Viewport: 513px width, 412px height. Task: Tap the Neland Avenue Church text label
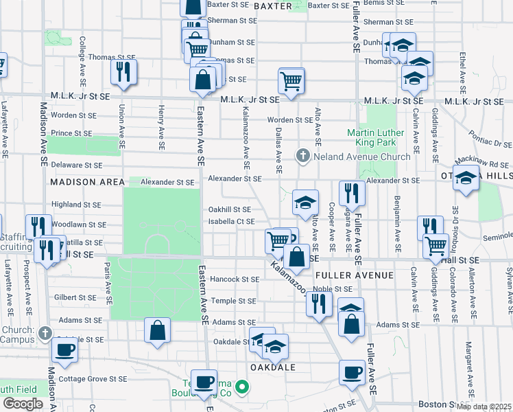[362, 157]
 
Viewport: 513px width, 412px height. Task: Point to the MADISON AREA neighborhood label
[86, 182]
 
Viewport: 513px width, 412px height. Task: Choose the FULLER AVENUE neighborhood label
[354, 275]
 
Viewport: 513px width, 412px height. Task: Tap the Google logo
[23, 404]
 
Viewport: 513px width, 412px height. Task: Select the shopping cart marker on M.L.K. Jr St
[291, 80]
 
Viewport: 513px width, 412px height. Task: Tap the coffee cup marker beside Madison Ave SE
[64, 350]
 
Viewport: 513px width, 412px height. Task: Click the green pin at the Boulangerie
[241, 388]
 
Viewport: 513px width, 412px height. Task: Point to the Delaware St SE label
[76, 165]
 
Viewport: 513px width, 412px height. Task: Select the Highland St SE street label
[76, 205]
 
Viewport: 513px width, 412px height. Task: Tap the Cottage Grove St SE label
[93, 378]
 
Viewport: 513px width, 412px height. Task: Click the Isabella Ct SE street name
[232, 221]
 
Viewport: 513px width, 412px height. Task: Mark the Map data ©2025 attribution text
[484, 407]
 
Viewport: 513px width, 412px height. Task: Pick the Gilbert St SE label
[77, 297]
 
